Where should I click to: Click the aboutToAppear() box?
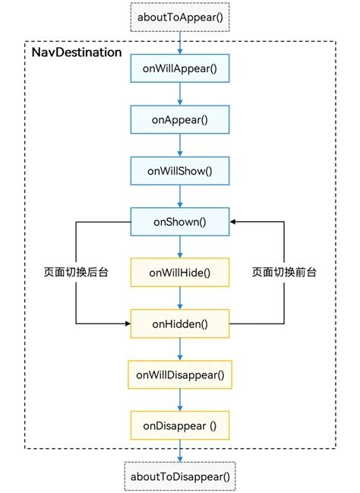click(180, 16)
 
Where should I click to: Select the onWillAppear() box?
click(180, 68)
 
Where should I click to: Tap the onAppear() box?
click(180, 119)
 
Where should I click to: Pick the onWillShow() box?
click(180, 170)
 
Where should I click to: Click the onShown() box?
click(180, 221)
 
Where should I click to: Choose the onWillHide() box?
click(180, 272)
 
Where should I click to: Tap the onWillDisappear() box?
click(180, 374)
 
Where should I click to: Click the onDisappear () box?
click(180, 425)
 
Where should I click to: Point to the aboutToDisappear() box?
click(180, 476)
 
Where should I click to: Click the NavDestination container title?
click(76, 52)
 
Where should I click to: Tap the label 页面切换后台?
click(76, 272)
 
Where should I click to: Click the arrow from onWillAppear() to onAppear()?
click(180, 93)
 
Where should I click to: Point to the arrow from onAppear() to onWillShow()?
click(180, 144)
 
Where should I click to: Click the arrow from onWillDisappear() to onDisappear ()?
click(180, 400)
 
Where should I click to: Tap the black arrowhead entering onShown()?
click(234, 221)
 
